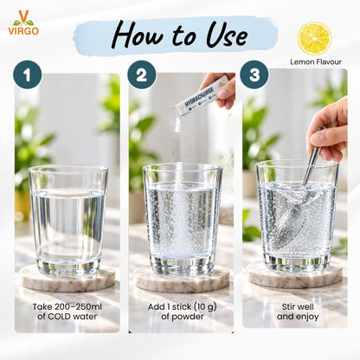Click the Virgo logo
[23, 22]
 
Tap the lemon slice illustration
[314, 38]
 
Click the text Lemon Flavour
[316, 61]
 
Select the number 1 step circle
[28, 74]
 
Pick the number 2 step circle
[142, 74]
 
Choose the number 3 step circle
[254, 74]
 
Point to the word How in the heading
[138, 36]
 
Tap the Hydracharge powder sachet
[196, 97]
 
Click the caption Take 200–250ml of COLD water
[67, 312]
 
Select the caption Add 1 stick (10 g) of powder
[183, 312]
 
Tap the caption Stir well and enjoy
[298, 312]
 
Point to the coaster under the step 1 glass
[67, 279]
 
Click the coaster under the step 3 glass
[295, 273]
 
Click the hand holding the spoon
[328, 131]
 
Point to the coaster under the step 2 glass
[182, 279]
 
